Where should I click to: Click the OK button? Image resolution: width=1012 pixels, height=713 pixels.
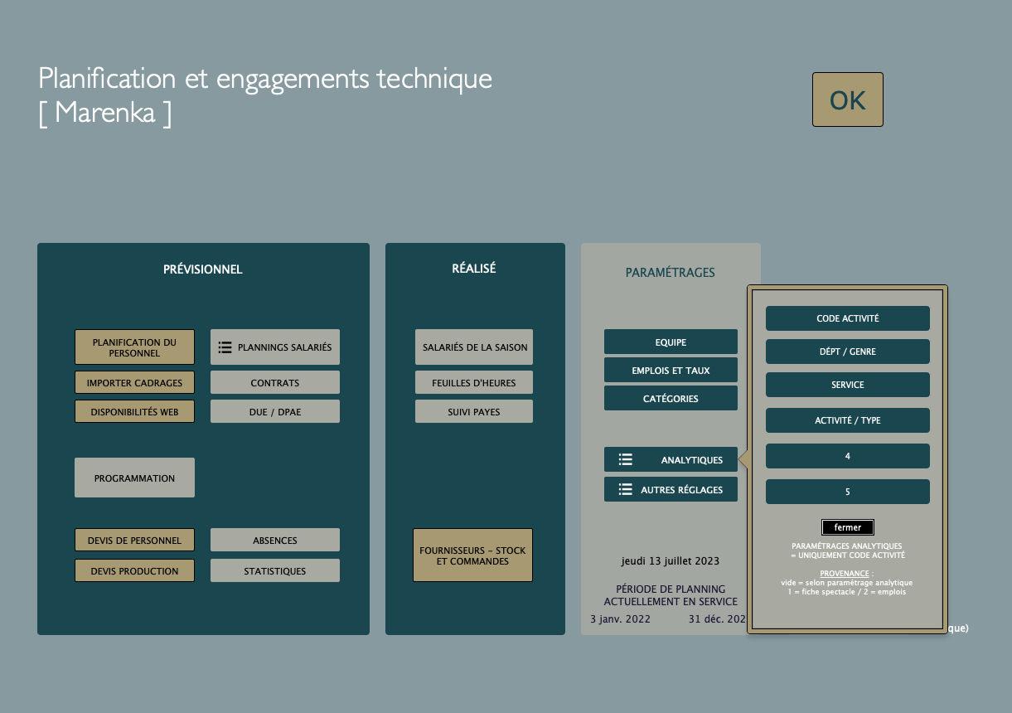[848, 99]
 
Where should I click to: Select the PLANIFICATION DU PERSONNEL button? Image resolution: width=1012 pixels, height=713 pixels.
[134, 347]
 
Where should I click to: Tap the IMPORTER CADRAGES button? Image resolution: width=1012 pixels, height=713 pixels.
[134, 383]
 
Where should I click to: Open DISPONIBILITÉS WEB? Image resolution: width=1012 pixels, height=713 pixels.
[134, 411]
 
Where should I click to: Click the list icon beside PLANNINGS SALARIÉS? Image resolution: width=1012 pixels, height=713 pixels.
[225, 347]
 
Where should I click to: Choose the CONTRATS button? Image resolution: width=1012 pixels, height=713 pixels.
[274, 383]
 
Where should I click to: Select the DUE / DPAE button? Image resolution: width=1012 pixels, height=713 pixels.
[274, 411]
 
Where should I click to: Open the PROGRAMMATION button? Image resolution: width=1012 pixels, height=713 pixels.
[134, 478]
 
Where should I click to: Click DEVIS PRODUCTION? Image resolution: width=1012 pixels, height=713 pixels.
[134, 570]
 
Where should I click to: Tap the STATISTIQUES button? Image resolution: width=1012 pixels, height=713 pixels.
[274, 570]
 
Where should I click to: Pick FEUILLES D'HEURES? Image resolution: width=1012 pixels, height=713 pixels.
[474, 383]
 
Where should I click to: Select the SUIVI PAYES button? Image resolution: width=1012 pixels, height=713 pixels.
[474, 411]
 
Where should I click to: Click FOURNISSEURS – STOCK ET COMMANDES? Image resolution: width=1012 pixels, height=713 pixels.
[472, 555]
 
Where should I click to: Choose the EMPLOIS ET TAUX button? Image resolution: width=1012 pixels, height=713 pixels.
[671, 370]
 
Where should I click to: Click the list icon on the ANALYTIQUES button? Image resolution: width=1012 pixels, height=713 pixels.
[625, 459]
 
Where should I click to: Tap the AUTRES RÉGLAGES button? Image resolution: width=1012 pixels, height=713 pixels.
[671, 489]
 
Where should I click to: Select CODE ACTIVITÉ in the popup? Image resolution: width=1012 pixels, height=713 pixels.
[848, 318]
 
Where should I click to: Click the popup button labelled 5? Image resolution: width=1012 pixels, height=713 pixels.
[848, 491]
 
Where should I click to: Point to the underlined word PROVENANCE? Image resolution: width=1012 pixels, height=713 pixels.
[845, 574]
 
